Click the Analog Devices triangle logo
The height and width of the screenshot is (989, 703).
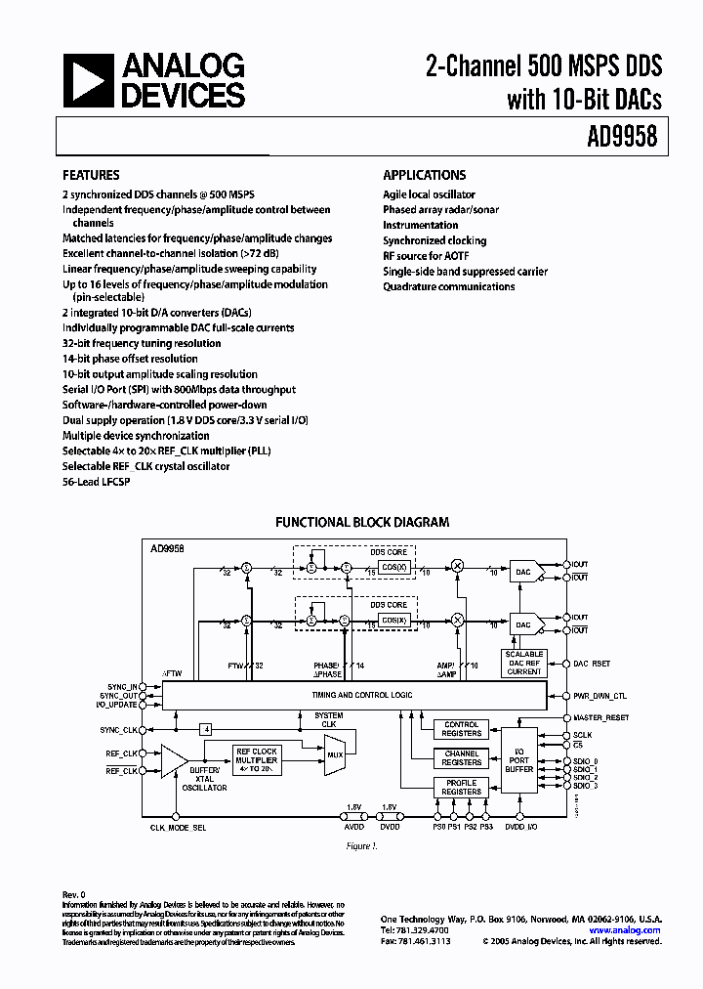coord(89,81)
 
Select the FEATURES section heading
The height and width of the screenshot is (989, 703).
coord(91,176)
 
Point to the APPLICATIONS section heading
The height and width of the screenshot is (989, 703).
coord(424,176)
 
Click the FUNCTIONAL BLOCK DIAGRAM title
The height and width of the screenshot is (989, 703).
coord(361,523)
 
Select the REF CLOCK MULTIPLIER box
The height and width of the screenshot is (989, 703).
coord(257,759)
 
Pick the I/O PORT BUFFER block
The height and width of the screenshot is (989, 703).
coord(518,761)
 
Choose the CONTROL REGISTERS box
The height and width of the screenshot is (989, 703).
coord(461,729)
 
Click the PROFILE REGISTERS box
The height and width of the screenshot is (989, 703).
coord(461,788)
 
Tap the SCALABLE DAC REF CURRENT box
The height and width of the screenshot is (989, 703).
coord(523,663)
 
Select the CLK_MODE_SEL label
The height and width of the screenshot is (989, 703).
coord(178,828)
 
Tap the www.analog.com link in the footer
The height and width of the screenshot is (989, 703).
coord(631,930)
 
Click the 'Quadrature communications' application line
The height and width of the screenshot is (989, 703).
coord(448,286)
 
